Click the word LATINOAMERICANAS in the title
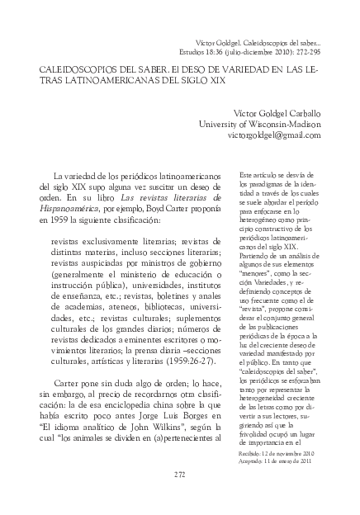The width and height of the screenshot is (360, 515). (x=83, y=84)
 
